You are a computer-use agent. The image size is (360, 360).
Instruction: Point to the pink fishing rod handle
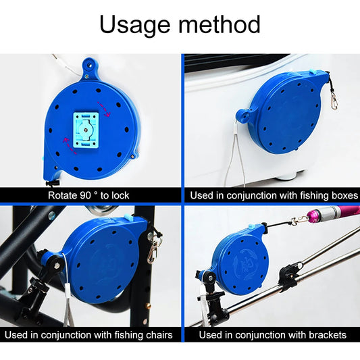tap(337, 215)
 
